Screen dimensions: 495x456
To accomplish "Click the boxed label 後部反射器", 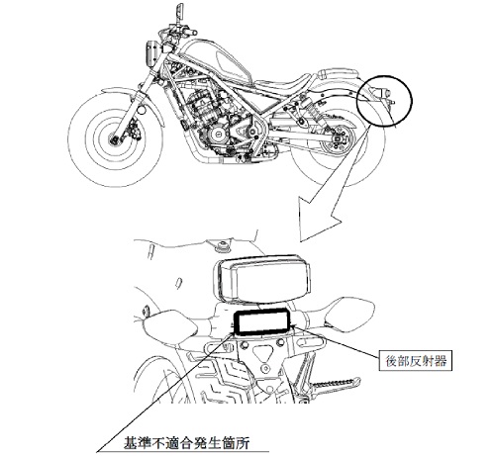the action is coord(415,361).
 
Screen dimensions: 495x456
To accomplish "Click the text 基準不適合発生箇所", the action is coord(186,443).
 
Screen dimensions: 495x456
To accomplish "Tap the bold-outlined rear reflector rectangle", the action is coord(261,321).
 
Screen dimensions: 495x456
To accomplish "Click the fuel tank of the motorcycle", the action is coord(215,61).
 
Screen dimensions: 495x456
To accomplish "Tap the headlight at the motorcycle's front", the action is coord(151,53).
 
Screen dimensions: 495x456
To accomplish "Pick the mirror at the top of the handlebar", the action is coord(178,11).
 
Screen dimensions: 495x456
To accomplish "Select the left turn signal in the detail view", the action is coord(169,324).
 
